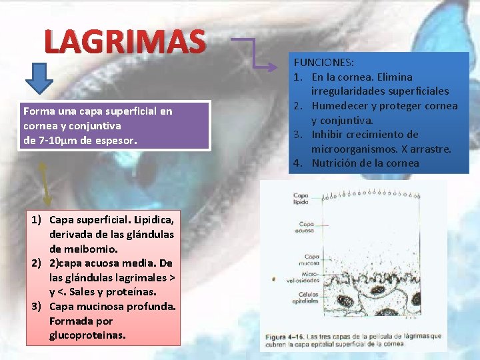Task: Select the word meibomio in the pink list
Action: [75, 249]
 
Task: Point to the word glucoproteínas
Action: [87, 335]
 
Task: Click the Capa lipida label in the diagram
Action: [301, 197]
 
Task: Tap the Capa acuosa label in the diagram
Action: [306, 227]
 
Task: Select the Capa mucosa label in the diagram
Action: [311, 259]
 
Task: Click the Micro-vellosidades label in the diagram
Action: [310, 277]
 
